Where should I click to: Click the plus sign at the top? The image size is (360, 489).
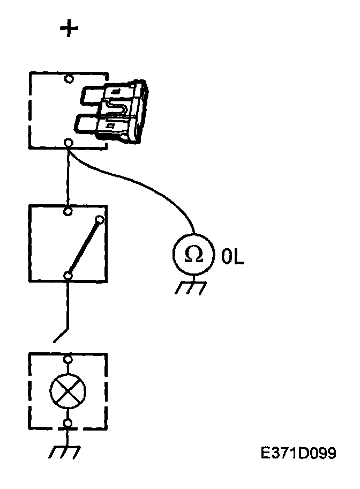point(69,29)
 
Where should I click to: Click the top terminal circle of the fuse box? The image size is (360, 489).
point(69,79)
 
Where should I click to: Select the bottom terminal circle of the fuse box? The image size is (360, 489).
point(69,142)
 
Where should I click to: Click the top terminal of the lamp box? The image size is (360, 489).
point(68,359)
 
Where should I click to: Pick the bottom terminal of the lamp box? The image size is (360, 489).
point(68,424)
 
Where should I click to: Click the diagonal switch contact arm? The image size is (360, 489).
point(84,247)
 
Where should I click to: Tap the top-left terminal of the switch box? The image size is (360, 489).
point(68,211)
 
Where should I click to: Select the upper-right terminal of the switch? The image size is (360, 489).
point(100,219)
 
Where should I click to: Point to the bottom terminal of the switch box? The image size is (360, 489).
point(68,276)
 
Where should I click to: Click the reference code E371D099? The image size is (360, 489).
point(298,454)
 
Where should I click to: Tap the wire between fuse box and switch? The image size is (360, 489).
point(68,177)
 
